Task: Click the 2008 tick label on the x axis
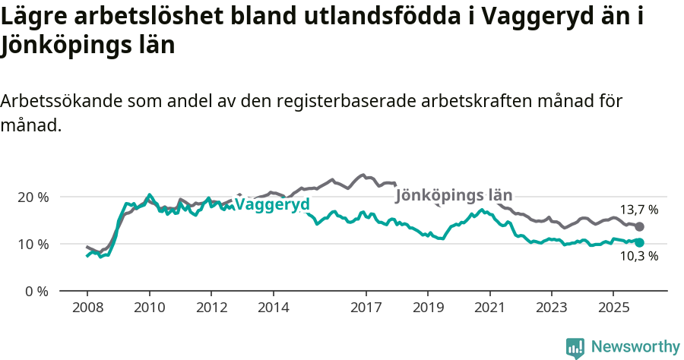(x=87, y=308)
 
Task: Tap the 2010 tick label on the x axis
(x=149, y=308)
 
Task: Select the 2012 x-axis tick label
(x=211, y=308)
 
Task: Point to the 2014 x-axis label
(x=274, y=308)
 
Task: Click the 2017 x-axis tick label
(x=366, y=308)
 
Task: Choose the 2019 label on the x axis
(x=428, y=308)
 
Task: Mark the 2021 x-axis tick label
(x=489, y=308)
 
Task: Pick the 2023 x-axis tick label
(x=552, y=308)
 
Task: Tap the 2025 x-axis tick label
(x=613, y=308)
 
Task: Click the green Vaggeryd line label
(x=272, y=204)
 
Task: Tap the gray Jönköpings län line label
(x=454, y=194)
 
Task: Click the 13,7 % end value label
(x=639, y=210)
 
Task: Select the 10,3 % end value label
(x=639, y=257)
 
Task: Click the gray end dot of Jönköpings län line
(x=640, y=226)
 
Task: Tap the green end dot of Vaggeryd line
(x=640, y=242)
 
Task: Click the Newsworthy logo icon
(x=575, y=348)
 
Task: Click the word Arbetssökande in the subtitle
(x=59, y=102)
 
